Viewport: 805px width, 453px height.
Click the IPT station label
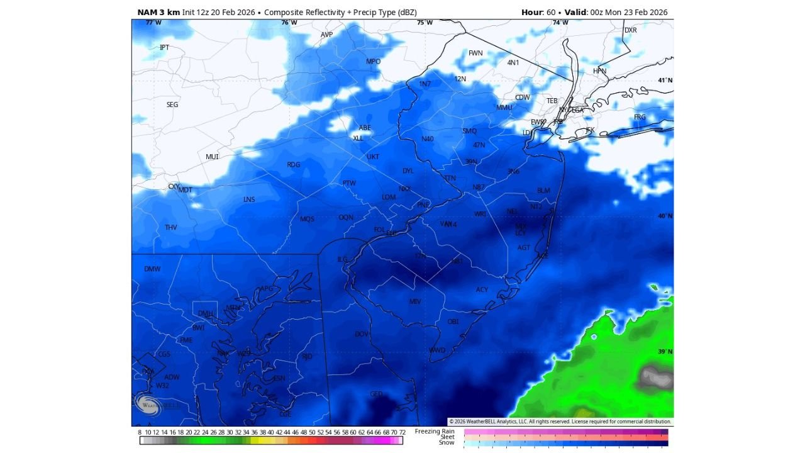click(164, 47)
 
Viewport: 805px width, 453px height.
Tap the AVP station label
click(326, 35)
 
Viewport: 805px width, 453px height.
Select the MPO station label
click(374, 62)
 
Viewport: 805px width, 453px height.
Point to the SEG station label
click(172, 104)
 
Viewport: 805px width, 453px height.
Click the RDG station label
click(294, 165)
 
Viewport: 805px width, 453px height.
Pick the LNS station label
click(249, 199)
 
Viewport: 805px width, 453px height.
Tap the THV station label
click(171, 227)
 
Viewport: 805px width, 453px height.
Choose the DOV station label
click(362, 334)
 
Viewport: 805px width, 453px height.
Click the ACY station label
click(482, 290)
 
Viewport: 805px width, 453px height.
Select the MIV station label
click(415, 302)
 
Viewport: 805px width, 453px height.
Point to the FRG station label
click(640, 118)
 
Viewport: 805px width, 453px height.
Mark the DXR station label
click(630, 30)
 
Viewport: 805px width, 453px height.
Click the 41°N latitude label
click(665, 81)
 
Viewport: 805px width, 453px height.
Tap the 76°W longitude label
click(289, 23)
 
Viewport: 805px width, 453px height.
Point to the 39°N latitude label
click(665, 352)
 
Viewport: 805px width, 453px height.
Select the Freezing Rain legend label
click(435, 431)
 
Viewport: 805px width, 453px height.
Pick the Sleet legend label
click(447, 437)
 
